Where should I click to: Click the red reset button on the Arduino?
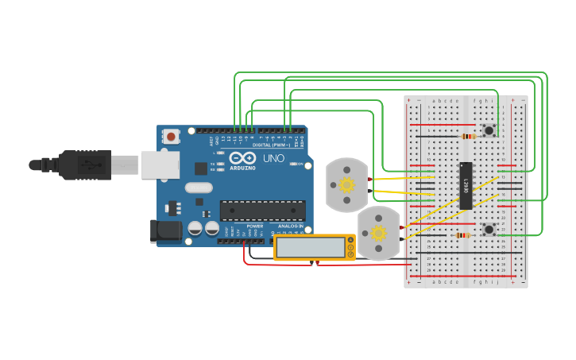pyautogui.click(x=170, y=137)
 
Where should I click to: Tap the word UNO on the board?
pyautogui.click(x=273, y=158)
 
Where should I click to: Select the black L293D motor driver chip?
pyautogui.click(x=466, y=185)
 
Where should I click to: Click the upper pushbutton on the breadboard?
pyautogui.click(x=489, y=130)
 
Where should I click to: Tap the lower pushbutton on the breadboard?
pyautogui.click(x=489, y=229)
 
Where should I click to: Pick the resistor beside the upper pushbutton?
pyautogui.click(x=468, y=136)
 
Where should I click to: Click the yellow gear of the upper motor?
pyautogui.click(x=346, y=185)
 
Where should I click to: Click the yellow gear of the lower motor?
pyautogui.click(x=379, y=233)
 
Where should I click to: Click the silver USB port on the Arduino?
pyautogui.click(x=160, y=165)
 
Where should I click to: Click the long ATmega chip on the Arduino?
pyautogui.click(x=262, y=211)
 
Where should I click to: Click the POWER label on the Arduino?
pyautogui.click(x=254, y=226)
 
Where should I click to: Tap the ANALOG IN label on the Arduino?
pyautogui.click(x=289, y=226)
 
